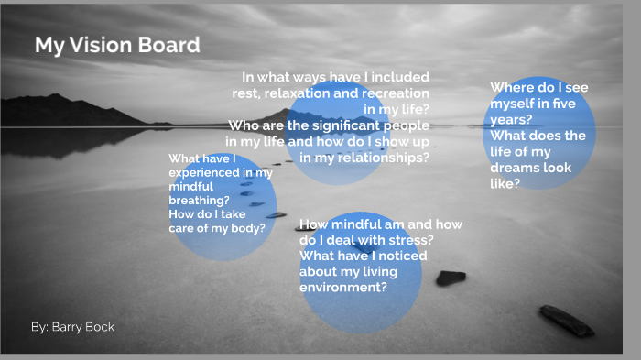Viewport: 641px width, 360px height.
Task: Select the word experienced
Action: point(208,172)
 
